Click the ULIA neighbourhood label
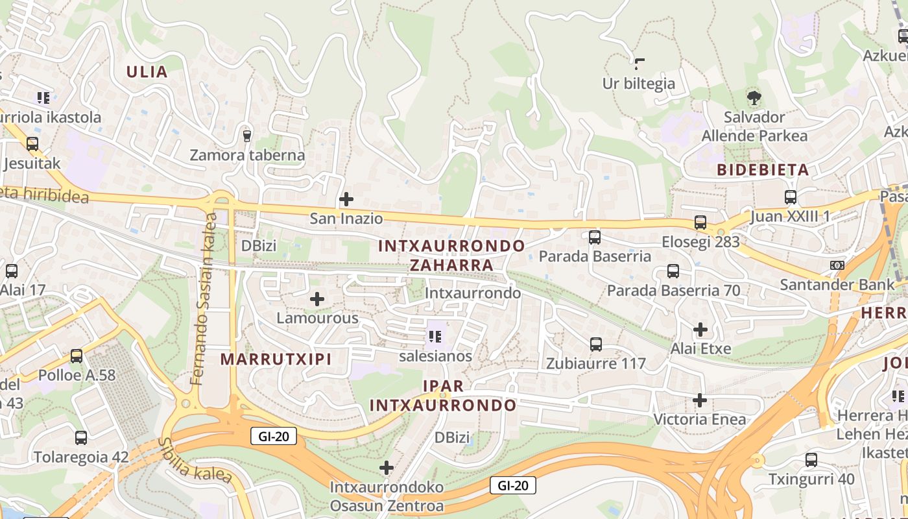[x=147, y=72]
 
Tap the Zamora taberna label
[x=247, y=155]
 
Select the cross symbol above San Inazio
[x=346, y=199]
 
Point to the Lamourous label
[x=317, y=318]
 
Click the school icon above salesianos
[x=435, y=336]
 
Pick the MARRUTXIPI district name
[x=276, y=359]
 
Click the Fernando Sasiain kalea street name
[x=205, y=298]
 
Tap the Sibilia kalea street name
[x=195, y=461]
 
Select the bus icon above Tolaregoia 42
[x=81, y=438]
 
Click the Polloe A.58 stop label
[x=77, y=375]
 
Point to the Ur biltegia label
[x=638, y=84]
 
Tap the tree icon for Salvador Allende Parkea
[x=754, y=99]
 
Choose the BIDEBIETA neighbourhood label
[x=763, y=170]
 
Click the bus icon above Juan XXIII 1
[x=790, y=197]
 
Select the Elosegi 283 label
[x=700, y=242]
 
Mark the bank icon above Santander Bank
[x=837, y=265]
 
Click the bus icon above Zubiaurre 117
[x=596, y=344]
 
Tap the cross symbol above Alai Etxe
[x=700, y=330]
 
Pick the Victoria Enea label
[x=699, y=419]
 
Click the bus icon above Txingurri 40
[x=811, y=461]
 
